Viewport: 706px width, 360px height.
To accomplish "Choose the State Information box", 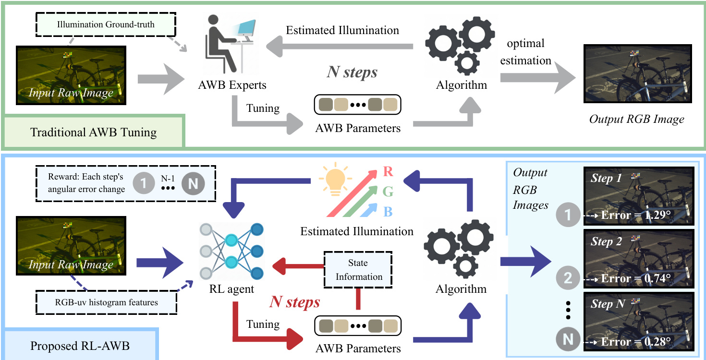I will pyautogui.click(x=359, y=270).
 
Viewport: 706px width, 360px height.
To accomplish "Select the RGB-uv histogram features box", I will pyautogui.click(x=106, y=302).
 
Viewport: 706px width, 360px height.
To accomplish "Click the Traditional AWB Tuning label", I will pyautogui.click(x=94, y=132).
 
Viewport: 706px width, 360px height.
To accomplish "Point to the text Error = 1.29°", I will pyautogui.click(x=635, y=215).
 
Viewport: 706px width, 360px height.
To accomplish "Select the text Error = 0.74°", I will pyautogui.click(x=635, y=278).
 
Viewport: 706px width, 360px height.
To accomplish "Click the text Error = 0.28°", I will pyautogui.click(x=635, y=341).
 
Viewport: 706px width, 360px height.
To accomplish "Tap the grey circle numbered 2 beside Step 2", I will pyautogui.click(x=568, y=279).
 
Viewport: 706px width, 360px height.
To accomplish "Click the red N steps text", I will pyautogui.click(x=294, y=302).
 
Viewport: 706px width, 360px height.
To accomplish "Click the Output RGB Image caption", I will pyautogui.click(x=637, y=119).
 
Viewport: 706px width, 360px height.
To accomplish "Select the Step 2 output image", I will pyautogui.click(x=638, y=260).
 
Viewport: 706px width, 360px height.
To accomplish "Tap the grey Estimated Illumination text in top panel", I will pyautogui.click(x=342, y=30).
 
